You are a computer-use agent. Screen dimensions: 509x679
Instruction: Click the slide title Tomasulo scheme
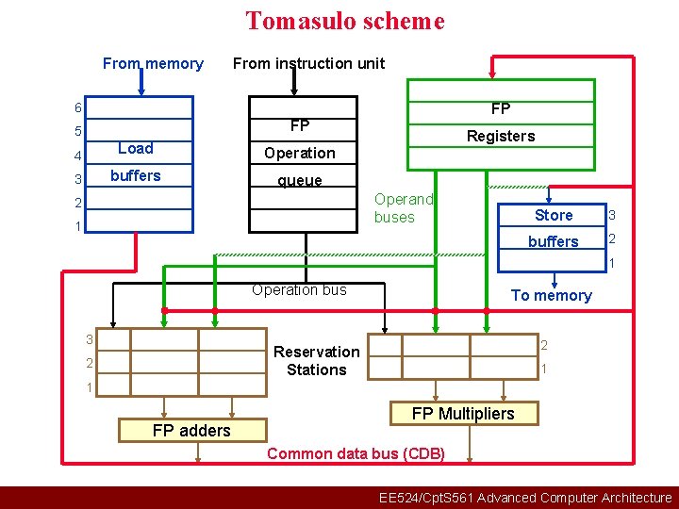point(344,21)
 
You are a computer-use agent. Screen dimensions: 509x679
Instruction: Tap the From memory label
point(153,63)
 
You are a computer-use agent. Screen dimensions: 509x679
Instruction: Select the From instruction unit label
point(308,63)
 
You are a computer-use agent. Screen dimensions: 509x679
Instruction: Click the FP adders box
point(191,430)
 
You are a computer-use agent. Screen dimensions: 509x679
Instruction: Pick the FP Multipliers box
point(463,413)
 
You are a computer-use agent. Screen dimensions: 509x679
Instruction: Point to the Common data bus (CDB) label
point(356,453)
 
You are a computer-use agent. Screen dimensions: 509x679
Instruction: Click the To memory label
point(551,295)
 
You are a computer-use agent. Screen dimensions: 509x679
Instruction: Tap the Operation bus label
point(299,289)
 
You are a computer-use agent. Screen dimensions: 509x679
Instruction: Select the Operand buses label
point(403,208)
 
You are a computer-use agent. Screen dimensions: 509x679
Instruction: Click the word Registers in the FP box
point(501,136)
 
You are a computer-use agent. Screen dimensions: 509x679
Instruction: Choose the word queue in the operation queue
point(299,180)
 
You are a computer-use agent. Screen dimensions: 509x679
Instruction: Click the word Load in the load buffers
point(135,148)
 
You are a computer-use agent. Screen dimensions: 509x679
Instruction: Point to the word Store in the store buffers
point(554,215)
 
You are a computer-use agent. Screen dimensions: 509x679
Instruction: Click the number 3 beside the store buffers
point(611,216)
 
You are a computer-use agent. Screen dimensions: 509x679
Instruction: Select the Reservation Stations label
point(317,360)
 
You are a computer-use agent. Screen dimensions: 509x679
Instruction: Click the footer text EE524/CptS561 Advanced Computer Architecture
point(524,498)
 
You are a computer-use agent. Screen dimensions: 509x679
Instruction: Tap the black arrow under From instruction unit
point(294,84)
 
